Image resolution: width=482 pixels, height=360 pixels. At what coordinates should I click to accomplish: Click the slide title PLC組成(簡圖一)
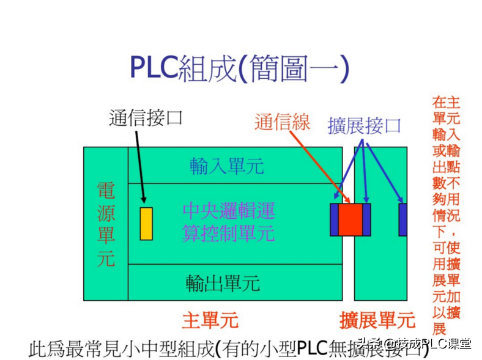coord(239,68)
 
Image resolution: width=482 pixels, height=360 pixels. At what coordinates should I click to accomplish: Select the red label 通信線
coord(282,123)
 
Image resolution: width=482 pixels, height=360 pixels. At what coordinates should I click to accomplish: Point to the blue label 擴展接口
coord(364,126)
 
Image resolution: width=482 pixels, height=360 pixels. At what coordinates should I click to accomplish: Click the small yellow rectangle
coord(146,223)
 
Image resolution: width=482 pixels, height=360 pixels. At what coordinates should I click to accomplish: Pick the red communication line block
coord(350,219)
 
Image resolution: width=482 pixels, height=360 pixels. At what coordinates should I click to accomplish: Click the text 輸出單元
coord(223,282)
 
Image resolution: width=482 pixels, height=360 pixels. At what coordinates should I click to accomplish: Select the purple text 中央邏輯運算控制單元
coord(228,222)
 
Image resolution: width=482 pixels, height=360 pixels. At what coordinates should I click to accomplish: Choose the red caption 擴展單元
coord(377,320)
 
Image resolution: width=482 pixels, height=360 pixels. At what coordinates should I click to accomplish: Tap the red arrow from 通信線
coord(317,165)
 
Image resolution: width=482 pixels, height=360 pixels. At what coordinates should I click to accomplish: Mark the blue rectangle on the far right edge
coord(403,219)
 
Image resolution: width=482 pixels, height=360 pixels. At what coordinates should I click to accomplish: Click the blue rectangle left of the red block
coord(334,219)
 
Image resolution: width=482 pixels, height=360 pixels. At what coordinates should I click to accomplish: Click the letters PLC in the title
coord(153,68)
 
